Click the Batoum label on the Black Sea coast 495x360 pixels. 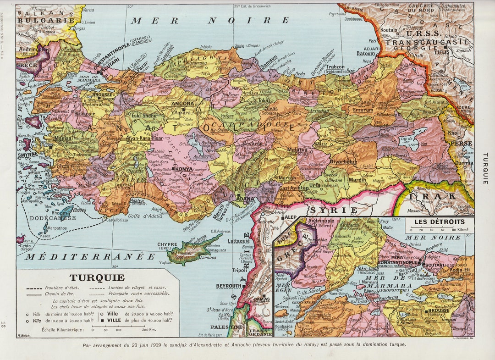click(x=366, y=53)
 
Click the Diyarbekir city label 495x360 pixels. click(x=343, y=162)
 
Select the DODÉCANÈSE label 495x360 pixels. click(x=52, y=218)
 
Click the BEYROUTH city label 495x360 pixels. click(x=229, y=286)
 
